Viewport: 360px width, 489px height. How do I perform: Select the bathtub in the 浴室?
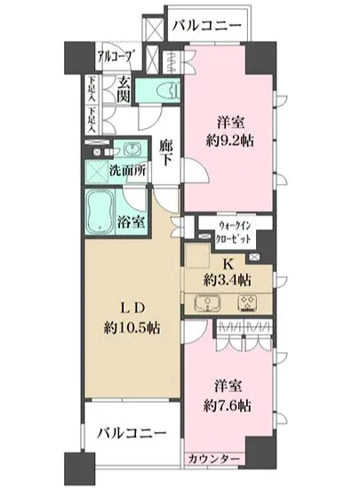(x=100, y=211)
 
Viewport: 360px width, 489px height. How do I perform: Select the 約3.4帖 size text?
(x=226, y=280)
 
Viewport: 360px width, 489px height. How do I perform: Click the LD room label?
(x=123, y=308)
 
